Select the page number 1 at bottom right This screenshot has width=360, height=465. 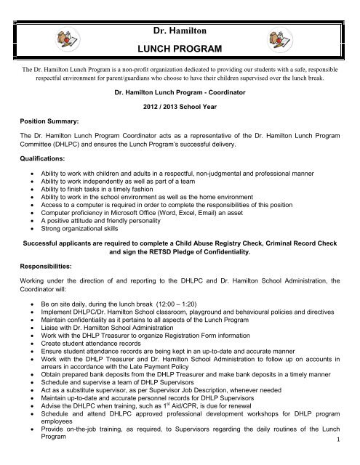tap(350, 459)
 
